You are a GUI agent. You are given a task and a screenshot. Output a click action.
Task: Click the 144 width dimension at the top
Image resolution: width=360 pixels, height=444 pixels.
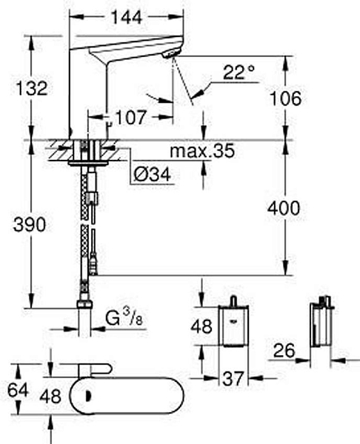click(x=126, y=17)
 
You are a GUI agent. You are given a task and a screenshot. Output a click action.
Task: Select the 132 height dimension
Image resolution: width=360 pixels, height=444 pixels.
click(x=31, y=88)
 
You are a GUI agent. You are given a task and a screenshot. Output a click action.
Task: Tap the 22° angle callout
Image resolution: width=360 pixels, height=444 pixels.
click(x=239, y=73)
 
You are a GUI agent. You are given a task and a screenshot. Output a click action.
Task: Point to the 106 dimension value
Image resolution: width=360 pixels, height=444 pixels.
click(x=285, y=98)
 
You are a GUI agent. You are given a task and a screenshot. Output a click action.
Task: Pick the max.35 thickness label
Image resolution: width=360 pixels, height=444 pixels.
click(x=202, y=151)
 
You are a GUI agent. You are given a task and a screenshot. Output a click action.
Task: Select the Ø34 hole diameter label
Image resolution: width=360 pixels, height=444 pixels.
click(x=153, y=175)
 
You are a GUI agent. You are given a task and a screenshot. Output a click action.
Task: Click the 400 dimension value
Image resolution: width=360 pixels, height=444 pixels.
click(x=284, y=208)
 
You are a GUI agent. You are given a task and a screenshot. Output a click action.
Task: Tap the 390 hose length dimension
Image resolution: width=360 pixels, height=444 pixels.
click(x=30, y=225)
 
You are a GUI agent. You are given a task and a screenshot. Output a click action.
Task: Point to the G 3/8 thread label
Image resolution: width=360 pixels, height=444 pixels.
click(x=124, y=317)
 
